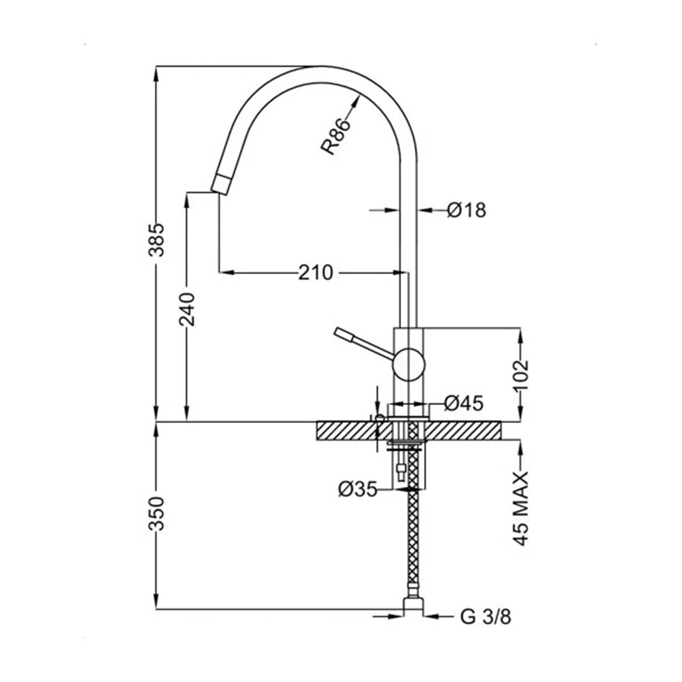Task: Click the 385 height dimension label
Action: click(x=157, y=239)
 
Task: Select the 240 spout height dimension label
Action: click(x=188, y=309)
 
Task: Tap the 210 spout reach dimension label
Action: click(x=316, y=273)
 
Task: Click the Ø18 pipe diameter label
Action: click(x=466, y=210)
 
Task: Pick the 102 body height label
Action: click(x=520, y=375)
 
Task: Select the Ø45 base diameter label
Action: click(x=464, y=403)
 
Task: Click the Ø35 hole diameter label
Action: click(x=357, y=489)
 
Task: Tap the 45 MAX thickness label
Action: click(x=520, y=508)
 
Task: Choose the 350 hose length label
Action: click(x=157, y=514)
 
